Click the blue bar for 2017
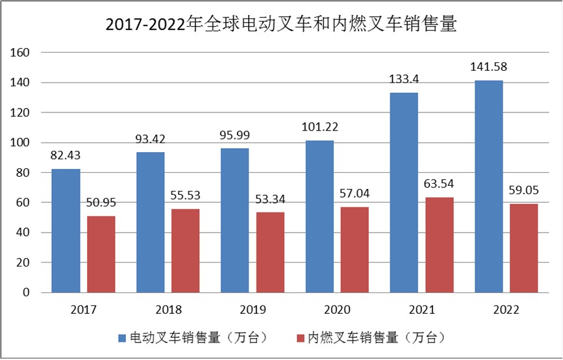66,231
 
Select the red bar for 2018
185,251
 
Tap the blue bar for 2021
404,192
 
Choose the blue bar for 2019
234,220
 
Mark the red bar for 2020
354,250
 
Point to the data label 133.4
405,79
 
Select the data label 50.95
101,202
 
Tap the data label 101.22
319,127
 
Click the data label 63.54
439,183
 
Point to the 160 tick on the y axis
21,53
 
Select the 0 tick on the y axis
27,292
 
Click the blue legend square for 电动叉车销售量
121,338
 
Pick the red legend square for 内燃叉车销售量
300,338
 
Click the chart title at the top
281,24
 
